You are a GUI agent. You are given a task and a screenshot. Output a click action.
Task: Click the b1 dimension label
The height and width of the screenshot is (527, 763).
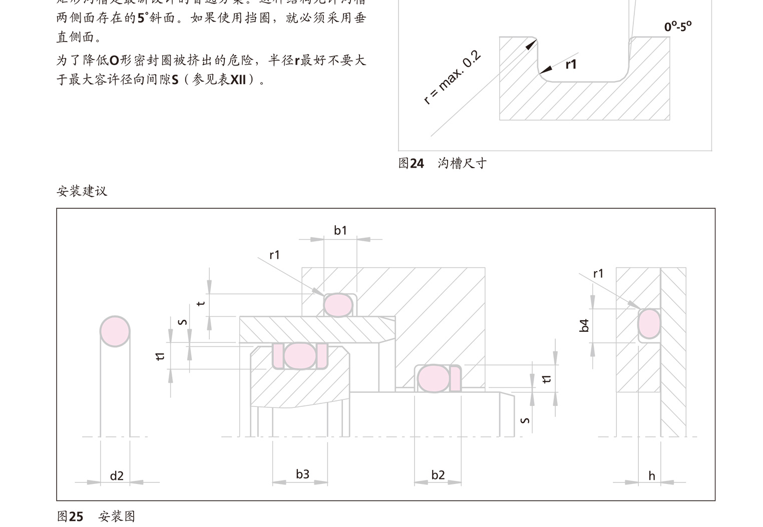tap(340, 230)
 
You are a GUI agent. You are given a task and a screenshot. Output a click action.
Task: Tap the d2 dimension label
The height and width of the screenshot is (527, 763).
tap(117, 476)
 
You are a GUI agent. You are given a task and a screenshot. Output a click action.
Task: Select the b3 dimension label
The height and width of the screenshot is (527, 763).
tap(302, 474)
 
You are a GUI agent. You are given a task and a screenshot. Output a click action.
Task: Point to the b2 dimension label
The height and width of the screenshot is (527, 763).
tap(438, 475)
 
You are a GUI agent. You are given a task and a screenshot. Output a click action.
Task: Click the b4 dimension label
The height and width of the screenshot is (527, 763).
tap(584, 325)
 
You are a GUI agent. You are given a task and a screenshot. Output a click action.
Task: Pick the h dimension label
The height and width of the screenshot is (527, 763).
tap(651, 476)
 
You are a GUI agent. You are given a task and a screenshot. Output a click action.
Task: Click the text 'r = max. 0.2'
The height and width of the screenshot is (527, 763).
tap(452, 78)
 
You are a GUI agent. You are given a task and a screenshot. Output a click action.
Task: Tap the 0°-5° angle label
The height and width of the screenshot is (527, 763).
tap(678, 27)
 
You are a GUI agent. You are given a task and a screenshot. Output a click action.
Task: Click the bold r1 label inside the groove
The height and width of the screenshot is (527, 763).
tap(571, 65)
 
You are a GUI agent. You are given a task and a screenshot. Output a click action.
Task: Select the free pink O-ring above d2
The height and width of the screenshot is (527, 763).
tap(115, 331)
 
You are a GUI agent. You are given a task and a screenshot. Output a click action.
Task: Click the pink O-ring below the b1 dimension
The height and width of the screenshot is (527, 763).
tap(338, 305)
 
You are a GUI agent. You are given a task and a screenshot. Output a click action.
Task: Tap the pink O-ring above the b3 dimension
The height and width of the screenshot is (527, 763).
tap(300, 356)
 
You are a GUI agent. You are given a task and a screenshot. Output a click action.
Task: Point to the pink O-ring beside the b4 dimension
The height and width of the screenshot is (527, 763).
tap(649, 324)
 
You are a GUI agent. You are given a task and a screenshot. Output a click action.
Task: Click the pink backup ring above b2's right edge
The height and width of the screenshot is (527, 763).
tap(455, 379)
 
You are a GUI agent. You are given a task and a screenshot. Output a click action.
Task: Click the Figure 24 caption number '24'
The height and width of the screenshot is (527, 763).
tap(417, 164)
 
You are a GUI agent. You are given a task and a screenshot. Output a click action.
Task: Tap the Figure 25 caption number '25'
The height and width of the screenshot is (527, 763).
tap(76, 516)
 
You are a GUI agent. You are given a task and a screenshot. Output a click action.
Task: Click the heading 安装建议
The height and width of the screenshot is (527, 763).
tap(82, 191)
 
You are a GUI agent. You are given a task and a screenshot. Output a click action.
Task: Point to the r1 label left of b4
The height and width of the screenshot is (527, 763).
tap(598, 274)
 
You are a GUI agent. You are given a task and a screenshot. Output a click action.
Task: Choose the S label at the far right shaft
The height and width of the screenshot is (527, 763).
tap(525, 420)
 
